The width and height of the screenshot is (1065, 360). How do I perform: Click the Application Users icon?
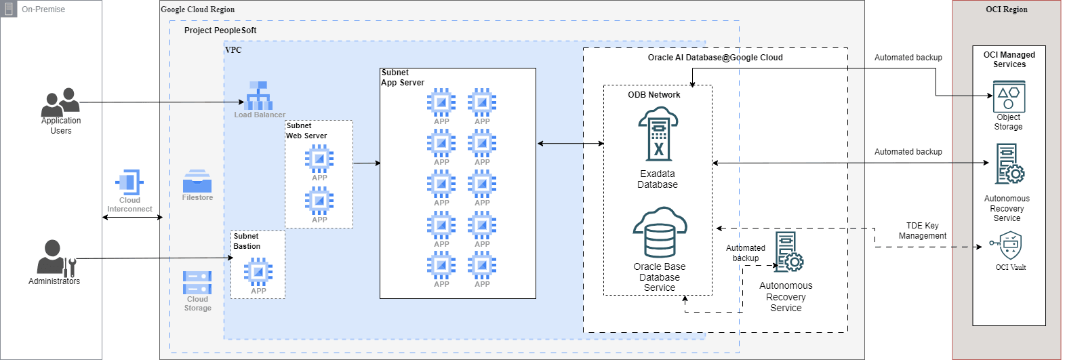(x=60, y=102)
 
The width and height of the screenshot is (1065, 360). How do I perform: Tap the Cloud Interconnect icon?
(x=129, y=183)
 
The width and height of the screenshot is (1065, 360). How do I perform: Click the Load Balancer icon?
(x=258, y=96)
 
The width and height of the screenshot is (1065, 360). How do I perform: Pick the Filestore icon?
(x=197, y=181)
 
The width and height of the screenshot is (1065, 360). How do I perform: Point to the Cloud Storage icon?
(x=197, y=283)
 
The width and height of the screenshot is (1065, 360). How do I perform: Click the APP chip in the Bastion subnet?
(x=258, y=273)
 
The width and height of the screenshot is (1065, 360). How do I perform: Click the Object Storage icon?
(x=1009, y=96)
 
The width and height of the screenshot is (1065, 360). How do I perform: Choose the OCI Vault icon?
(x=1010, y=245)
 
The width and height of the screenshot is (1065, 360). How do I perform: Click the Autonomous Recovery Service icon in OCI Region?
(x=1009, y=164)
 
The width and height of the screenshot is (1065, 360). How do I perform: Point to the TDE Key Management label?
(x=922, y=231)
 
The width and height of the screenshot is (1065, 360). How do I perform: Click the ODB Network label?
(x=654, y=95)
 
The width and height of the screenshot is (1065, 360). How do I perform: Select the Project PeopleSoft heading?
(x=220, y=31)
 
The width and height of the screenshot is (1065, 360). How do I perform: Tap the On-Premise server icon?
(x=9, y=9)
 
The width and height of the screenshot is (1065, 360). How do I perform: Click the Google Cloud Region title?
(x=197, y=9)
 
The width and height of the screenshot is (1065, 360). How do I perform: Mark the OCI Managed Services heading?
(x=1009, y=60)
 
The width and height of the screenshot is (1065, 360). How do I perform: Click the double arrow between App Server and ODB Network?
(x=570, y=144)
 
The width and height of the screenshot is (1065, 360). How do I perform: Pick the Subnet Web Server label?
(x=306, y=131)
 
